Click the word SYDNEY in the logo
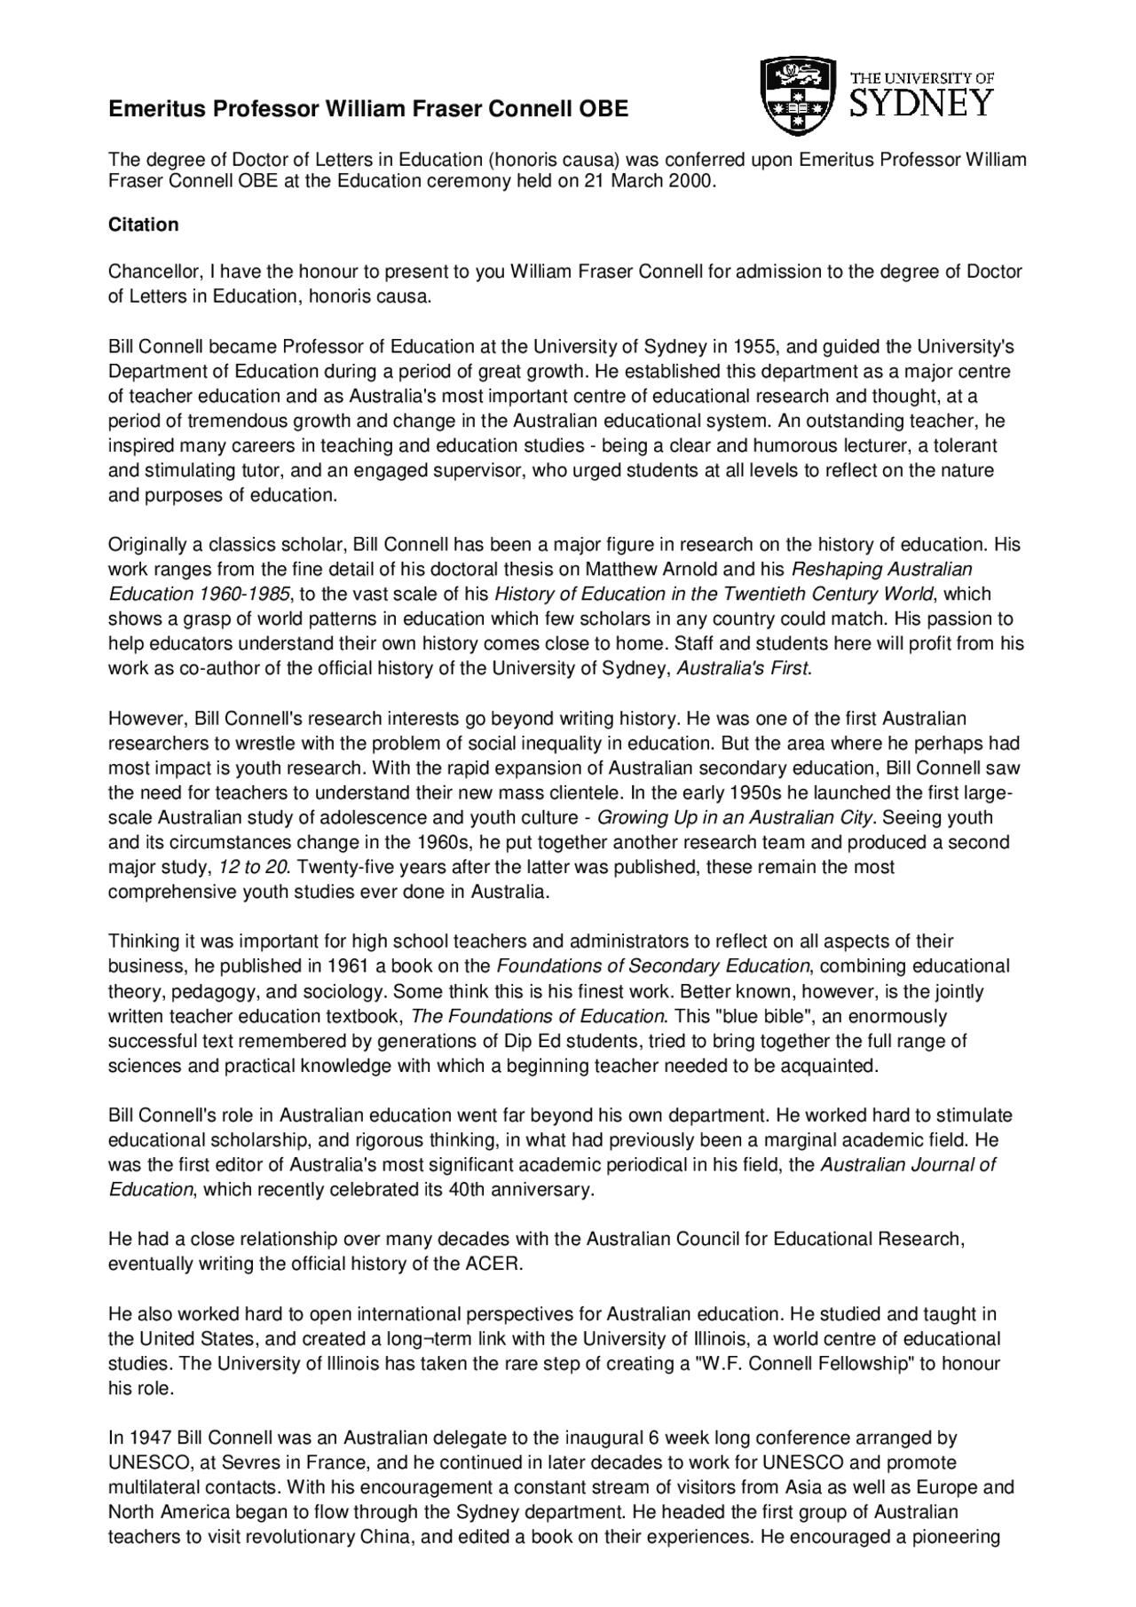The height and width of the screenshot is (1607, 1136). click(922, 103)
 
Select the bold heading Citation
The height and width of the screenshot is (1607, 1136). click(143, 225)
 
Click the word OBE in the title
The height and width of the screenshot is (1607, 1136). click(603, 110)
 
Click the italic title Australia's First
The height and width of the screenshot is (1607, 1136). click(743, 669)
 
